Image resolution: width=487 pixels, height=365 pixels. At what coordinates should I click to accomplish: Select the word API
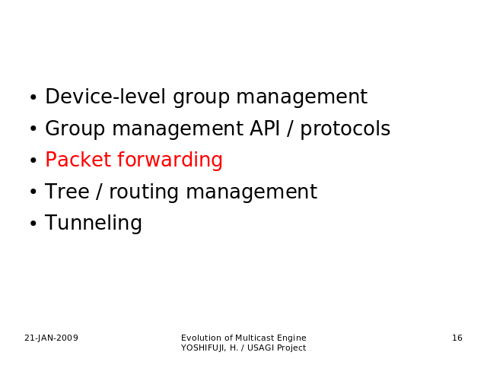(x=265, y=129)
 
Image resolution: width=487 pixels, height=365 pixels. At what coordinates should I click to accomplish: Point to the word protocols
(x=345, y=129)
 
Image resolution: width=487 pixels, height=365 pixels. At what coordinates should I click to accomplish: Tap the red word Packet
(x=78, y=160)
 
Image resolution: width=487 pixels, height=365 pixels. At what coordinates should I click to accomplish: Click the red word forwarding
(x=170, y=160)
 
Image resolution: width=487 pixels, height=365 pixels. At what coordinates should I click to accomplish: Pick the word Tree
(x=67, y=191)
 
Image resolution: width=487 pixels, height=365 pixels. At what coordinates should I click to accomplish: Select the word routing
(x=144, y=192)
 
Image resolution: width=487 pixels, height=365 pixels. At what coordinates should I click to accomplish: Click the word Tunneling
(x=94, y=223)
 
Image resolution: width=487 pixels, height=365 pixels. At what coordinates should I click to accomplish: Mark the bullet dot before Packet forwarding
(x=33, y=160)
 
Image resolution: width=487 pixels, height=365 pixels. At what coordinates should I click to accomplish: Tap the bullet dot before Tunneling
(x=33, y=224)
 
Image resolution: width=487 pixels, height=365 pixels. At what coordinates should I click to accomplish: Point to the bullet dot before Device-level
(x=33, y=97)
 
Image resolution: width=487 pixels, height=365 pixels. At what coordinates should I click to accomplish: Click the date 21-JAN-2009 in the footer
(x=51, y=338)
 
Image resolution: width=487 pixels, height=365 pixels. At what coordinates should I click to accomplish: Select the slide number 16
(x=457, y=338)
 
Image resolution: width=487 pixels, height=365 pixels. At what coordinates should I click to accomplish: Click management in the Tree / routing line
(x=252, y=192)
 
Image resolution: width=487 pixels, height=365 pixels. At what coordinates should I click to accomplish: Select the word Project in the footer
(x=291, y=348)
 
